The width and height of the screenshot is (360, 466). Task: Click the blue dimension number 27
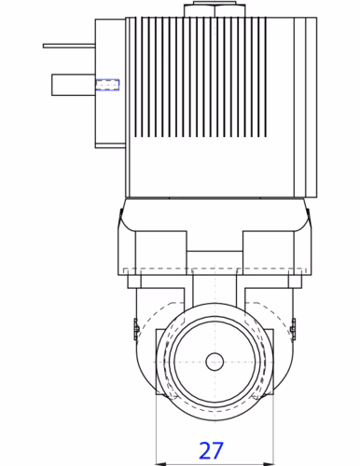[x=211, y=450]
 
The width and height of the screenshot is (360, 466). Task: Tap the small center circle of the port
[x=215, y=362]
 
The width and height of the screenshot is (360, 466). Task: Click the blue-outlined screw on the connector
[x=107, y=85]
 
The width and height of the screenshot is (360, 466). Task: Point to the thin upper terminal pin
[x=69, y=46]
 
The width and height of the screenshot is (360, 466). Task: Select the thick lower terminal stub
[x=74, y=85]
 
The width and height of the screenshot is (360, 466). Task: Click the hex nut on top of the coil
[x=215, y=10]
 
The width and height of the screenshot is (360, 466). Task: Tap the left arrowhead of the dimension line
[x=160, y=464]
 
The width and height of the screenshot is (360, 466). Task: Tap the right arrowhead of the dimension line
[x=269, y=464]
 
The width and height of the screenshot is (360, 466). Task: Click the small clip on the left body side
[x=136, y=329]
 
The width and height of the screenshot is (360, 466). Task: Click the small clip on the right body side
[x=293, y=329]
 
